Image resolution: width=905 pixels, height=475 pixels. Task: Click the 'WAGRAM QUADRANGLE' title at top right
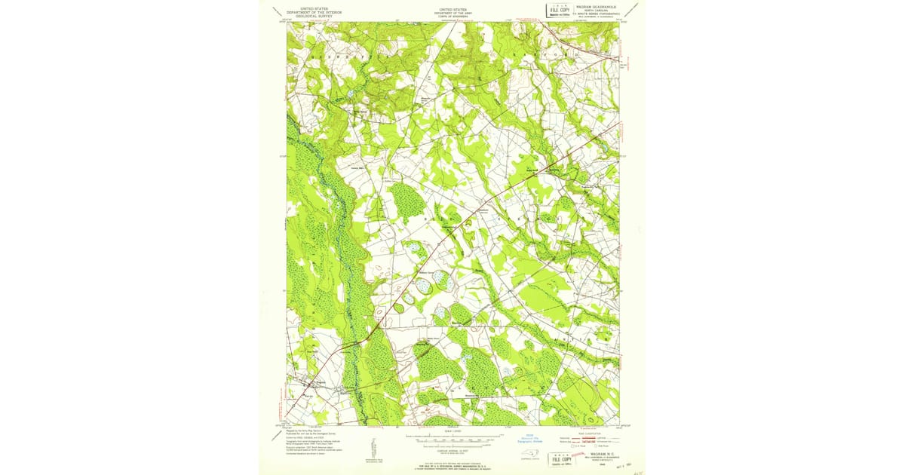pyautogui.click(x=596, y=6)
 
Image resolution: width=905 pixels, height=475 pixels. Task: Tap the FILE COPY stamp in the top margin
pyautogui.click(x=559, y=10)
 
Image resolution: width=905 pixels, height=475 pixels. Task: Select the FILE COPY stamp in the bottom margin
pyautogui.click(x=560, y=458)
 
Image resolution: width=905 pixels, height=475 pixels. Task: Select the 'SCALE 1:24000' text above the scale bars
pyautogui.click(x=452, y=431)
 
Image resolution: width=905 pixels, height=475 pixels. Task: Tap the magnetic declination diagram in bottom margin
pyautogui.click(x=373, y=446)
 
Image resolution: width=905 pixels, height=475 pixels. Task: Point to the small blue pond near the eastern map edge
pyautogui.click(x=603, y=147)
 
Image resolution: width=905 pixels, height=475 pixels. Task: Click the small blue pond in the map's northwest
pyautogui.click(x=349, y=93)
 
